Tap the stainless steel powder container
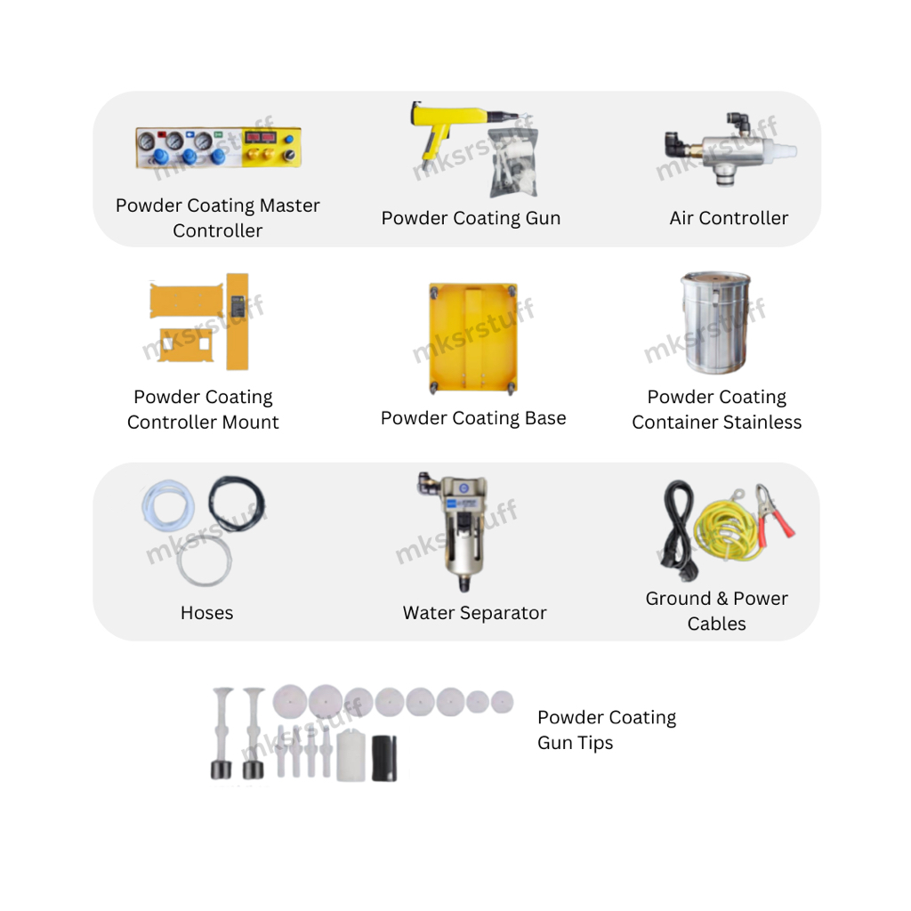715,322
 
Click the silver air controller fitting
730,149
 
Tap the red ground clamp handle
781,523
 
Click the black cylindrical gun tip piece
384,758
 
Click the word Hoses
206,613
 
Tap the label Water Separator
475,613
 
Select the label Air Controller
729,218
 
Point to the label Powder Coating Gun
471,219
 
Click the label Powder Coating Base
473,418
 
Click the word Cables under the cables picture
716,624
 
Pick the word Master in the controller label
289,206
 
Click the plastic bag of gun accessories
513,164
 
